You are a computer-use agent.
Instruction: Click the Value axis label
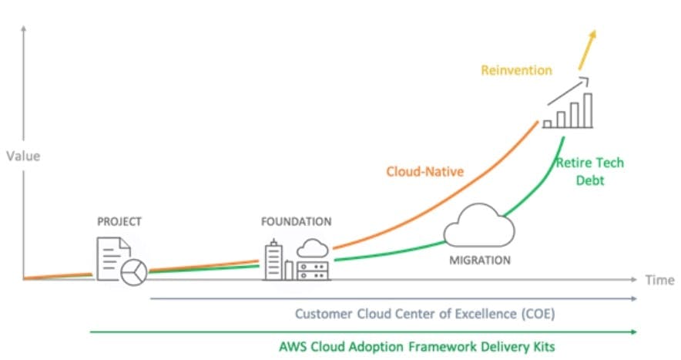(x=23, y=156)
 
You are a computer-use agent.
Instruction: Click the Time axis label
(x=659, y=280)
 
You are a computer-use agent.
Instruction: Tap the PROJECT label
(x=119, y=222)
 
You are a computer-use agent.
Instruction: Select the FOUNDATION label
(x=296, y=222)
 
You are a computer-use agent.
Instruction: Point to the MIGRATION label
(x=480, y=261)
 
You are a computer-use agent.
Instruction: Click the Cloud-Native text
(x=425, y=172)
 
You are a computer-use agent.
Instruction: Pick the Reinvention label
(x=516, y=70)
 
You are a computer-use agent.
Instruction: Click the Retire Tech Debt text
(x=590, y=171)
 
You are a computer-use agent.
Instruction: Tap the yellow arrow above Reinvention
(x=587, y=49)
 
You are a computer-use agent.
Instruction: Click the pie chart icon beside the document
(x=134, y=272)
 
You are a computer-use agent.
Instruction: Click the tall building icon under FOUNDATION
(x=273, y=260)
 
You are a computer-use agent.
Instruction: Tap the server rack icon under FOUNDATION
(x=313, y=271)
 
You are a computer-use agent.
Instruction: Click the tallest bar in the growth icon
(x=588, y=110)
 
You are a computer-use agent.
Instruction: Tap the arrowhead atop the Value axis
(x=23, y=29)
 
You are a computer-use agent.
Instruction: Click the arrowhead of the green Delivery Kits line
(x=634, y=332)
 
